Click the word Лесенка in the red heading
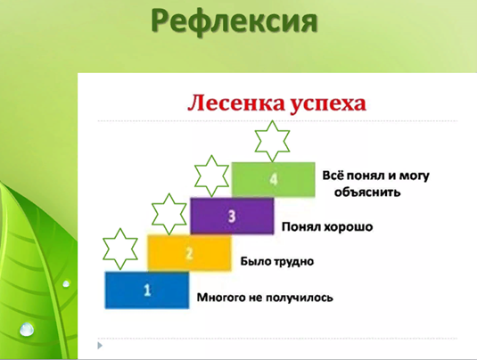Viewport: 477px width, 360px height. pyautogui.click(x=236, y=103)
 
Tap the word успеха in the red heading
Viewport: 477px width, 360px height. pyautogui.click(x=327, y=104)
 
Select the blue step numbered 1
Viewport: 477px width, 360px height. pyautogui.click(x=147, y=290)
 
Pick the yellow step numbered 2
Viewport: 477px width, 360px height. pyautogui.click(x=189, y=253)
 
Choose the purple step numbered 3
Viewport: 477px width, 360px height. pyautogui.click(x=232, y=216)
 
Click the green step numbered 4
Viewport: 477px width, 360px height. pyautogui.click(x=273, y=179)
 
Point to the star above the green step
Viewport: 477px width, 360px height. pyautogui.click(x=272, y=141)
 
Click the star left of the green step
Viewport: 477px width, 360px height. pyautogui.click(x=211, y=176)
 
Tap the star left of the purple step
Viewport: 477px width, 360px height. pyautogui.click(x=169, y=214)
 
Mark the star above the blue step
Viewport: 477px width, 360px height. pyautogui.click(x=120, y=249)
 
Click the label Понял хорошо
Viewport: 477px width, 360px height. pyautogui.click(x=327, y=227)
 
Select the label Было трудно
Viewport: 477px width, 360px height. pyautogui.click(x=276, y=261)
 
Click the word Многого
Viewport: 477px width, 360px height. pyautogui.click(x=221, y=298)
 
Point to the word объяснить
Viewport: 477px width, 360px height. pyautogui.click(x=367, y=192)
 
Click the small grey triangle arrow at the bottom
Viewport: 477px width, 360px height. pyautogui.click(x=100, y=346)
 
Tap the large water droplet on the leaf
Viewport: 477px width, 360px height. pyautogui.click(x=27, y=330)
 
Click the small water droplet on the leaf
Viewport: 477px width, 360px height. pyautogui.click(x=66, y=284)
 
